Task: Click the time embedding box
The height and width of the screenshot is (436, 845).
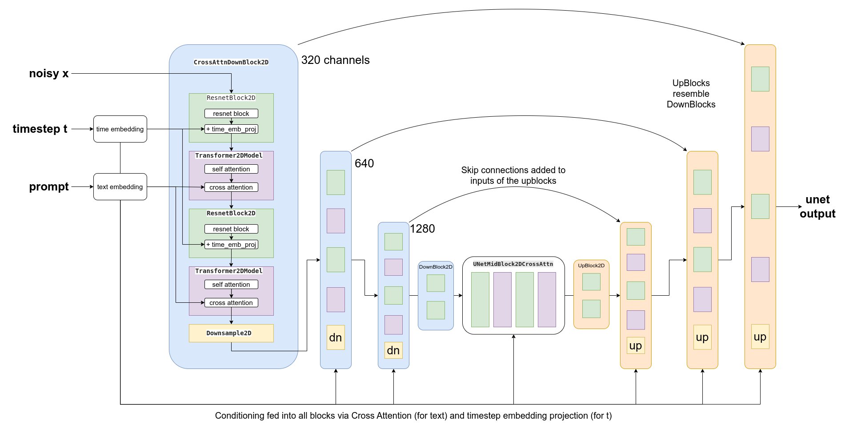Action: (120, 129)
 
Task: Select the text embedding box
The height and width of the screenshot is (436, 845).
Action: (120, 187)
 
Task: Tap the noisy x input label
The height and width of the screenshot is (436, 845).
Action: (49, 74)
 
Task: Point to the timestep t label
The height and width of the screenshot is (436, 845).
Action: (40, 129)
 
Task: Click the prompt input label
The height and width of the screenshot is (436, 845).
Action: (49, 187)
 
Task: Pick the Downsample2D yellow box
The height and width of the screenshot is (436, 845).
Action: (231, 333)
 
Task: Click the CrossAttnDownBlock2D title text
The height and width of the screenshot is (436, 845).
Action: (231, 62)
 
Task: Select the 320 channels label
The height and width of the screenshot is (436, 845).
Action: (335, 60)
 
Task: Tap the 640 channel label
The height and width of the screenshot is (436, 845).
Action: (364, 163)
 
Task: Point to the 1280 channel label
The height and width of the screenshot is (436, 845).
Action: (422, 229)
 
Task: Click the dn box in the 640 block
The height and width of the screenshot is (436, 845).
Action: (336, 337)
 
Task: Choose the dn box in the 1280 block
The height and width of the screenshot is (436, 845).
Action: (393, 350)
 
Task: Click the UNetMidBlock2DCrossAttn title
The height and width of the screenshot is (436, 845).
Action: (513, 264)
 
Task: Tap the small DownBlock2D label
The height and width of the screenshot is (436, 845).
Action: (436, 267)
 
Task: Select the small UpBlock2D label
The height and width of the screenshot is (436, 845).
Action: (591, 266)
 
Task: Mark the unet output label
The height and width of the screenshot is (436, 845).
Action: (817, 207)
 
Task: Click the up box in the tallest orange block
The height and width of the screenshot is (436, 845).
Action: (760, 337)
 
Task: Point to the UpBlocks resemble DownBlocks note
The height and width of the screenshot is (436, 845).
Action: (691, 94)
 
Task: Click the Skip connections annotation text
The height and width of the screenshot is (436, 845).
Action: (513, 175)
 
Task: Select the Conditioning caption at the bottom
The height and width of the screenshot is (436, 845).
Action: (413, 416)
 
